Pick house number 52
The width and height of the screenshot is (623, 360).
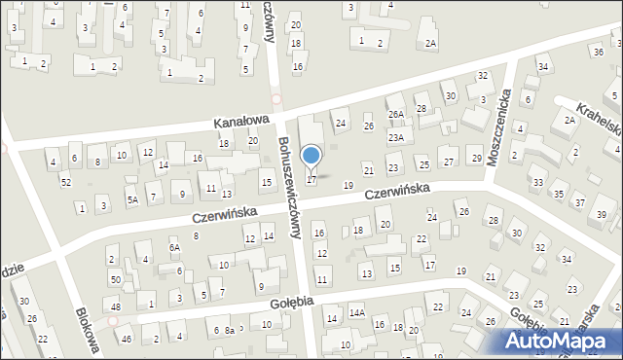click(x=65, y=182)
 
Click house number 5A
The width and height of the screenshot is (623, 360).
click(x=131, y=199)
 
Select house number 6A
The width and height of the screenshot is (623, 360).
click(x=174, y=248)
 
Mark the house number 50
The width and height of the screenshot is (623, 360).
click(x=115, y=280)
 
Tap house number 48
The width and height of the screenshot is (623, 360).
click(x=115, y=307)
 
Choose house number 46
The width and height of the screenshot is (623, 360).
click(x=125, y=339)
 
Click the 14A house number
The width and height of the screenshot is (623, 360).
click(x=357, y=312)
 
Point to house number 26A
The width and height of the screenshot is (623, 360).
click(x=396, y=114)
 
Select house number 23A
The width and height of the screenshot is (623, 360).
click(x=395, y=138)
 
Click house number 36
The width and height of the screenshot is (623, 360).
click(x=597, y=51)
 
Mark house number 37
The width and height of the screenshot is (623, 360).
click(x=580, y=202)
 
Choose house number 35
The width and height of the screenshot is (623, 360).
click(x=559, y=194)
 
